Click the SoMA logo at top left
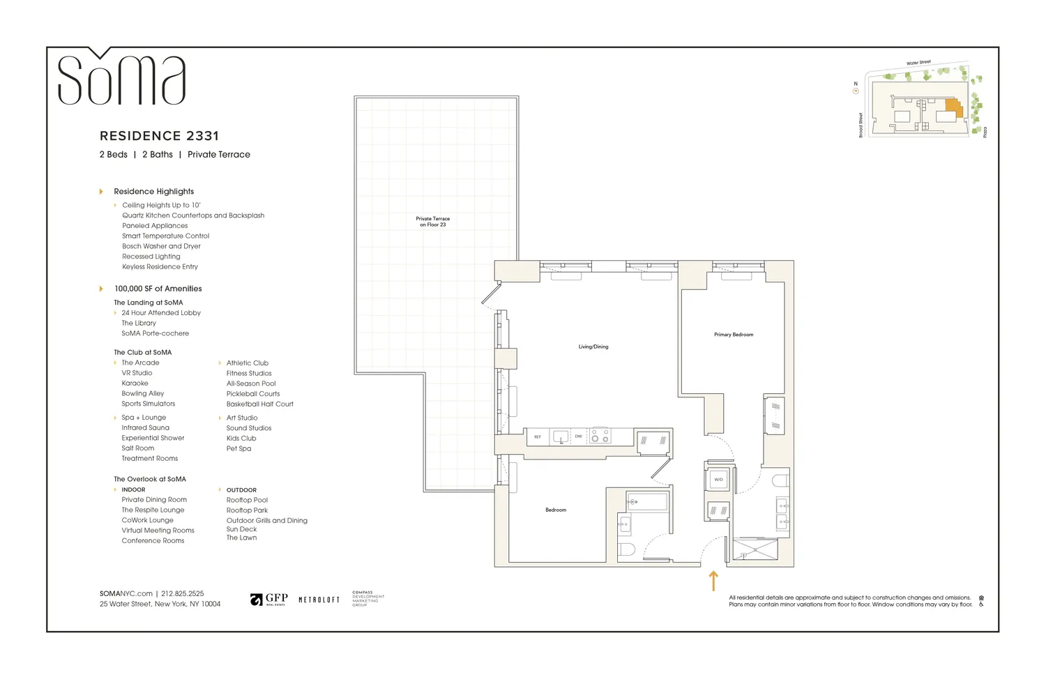[x=121, y=78]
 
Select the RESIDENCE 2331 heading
[x=159, y=136]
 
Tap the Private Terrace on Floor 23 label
[x=432, y=222]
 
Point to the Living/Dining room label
[x=593, y=347]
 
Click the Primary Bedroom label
[x=733, y=335]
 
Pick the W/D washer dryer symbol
[x=718, y=480]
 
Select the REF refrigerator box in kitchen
[x=538, y=437]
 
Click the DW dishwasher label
[x=578, y=436]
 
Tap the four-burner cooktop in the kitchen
[x=600, y=436]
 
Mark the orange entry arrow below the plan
[x=713, y=581]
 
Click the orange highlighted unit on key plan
[x=954, y=107]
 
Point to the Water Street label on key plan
[x=918, y=63]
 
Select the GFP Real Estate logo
[x=269, y=600]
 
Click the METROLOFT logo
[x=319, y=600]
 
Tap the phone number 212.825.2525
[x=183, y=594]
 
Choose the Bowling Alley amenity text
[x=143, y=394]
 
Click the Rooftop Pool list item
[x=247, y=500]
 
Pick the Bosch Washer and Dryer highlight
[x=161, y=246]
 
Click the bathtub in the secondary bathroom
[x=647, y=501]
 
